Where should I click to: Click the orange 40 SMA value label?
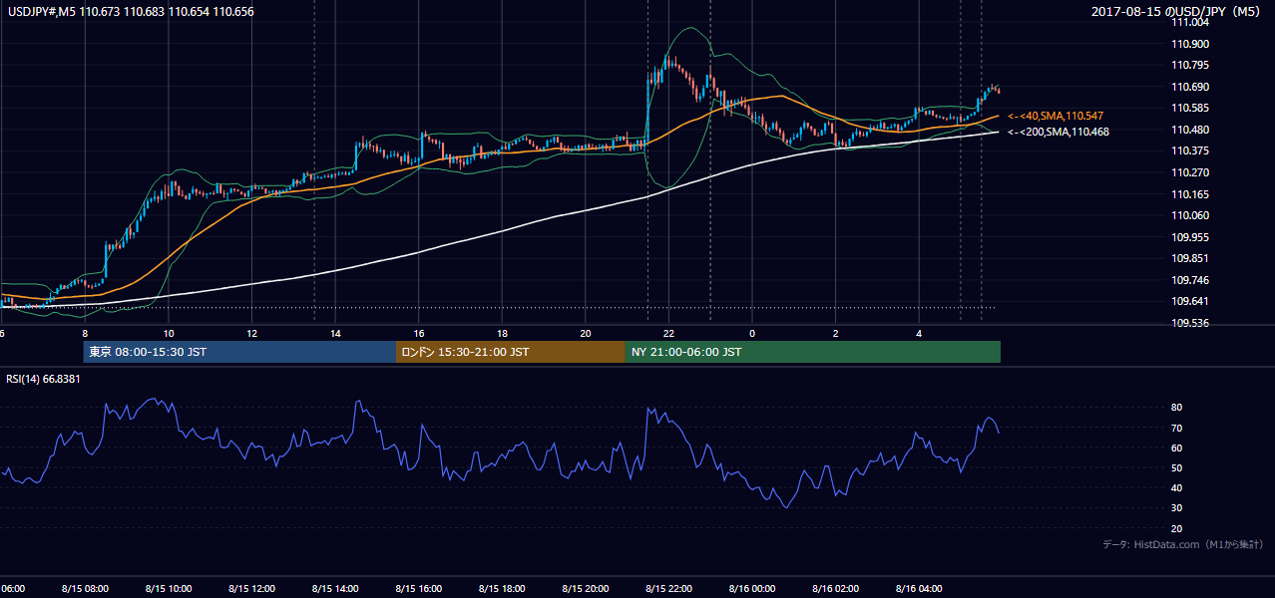(x=1056, y=116)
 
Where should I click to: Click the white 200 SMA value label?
(x=1059, y=132)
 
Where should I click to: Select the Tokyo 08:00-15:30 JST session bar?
(x=239, y=352)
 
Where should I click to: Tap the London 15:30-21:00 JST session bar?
(x=511, y=352)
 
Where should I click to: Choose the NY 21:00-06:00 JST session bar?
(x=813, y=352)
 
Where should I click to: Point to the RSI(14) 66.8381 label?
(x=43, y=379)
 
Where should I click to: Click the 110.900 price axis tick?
(x=1190, y=44)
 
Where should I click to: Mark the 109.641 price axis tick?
(x=1190, y=301)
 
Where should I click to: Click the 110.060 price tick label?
(x=1190, y=215)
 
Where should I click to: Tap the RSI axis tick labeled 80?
(x=1176, y=408)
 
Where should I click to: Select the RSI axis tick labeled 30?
(x=1176, y=508)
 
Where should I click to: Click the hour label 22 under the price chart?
(x=668, y=334)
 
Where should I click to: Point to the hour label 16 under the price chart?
(x=419, y=334)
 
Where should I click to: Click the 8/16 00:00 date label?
(x=752, y=589)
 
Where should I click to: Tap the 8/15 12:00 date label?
(x=251, y=589)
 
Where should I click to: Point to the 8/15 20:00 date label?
(x=586, y=589)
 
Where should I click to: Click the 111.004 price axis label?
(x=1190, y=23)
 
